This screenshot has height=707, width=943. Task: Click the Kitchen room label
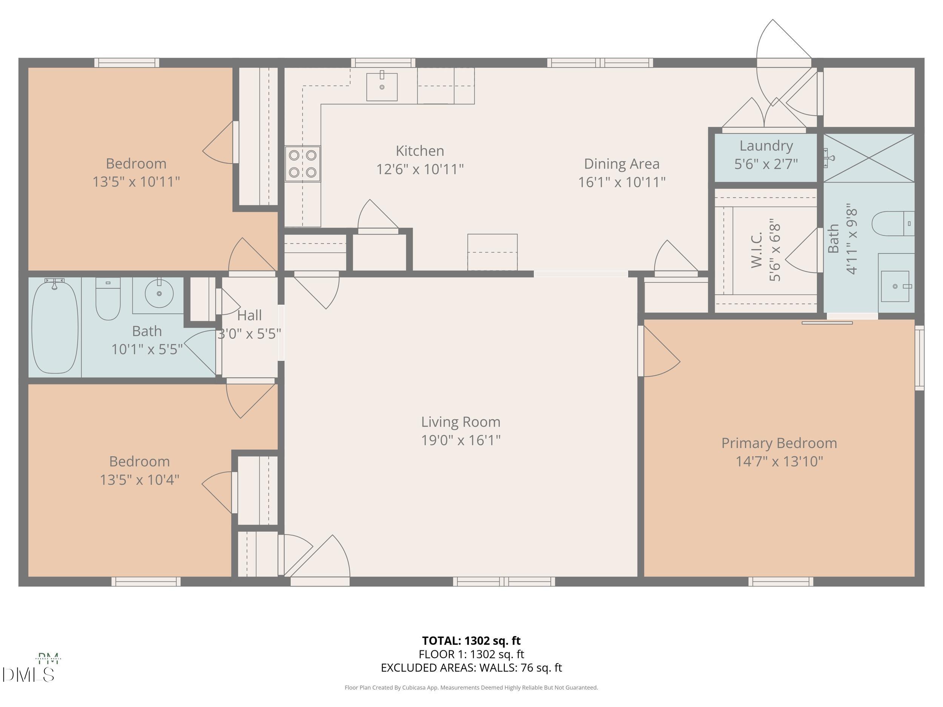point(419,151)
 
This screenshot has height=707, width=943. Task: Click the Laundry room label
point(766,146)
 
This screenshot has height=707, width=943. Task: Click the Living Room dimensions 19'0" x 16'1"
point(461,440)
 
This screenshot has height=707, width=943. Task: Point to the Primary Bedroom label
point(779,443)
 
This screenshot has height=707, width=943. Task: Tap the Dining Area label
point(621,164)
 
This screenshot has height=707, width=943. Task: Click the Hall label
point(249,316)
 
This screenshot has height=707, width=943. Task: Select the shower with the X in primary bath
point(868,158)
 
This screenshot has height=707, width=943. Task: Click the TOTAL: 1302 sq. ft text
point(471,641)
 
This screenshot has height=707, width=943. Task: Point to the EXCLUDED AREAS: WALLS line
point(471,668)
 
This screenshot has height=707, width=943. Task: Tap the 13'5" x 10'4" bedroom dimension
point(140,480)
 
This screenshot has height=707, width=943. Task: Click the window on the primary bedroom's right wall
point(919,358)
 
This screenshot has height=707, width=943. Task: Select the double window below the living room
point(504,581)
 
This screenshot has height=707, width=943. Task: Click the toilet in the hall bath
point(108,298)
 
